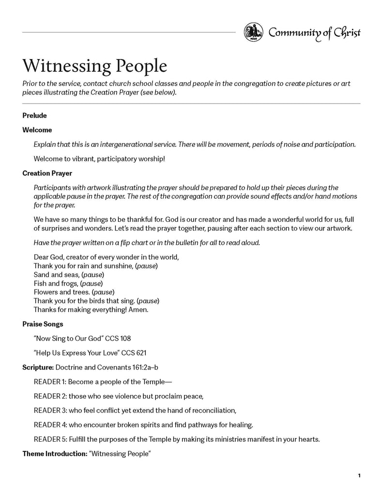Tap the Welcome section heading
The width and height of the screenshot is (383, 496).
tap(37, 130)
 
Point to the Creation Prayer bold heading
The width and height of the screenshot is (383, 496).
tap(47, 173)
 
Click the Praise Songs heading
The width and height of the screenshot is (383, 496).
tap(43, 323)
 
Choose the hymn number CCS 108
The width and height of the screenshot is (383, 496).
tap(118, 338)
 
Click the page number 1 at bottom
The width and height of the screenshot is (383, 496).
tap(359, 476)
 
